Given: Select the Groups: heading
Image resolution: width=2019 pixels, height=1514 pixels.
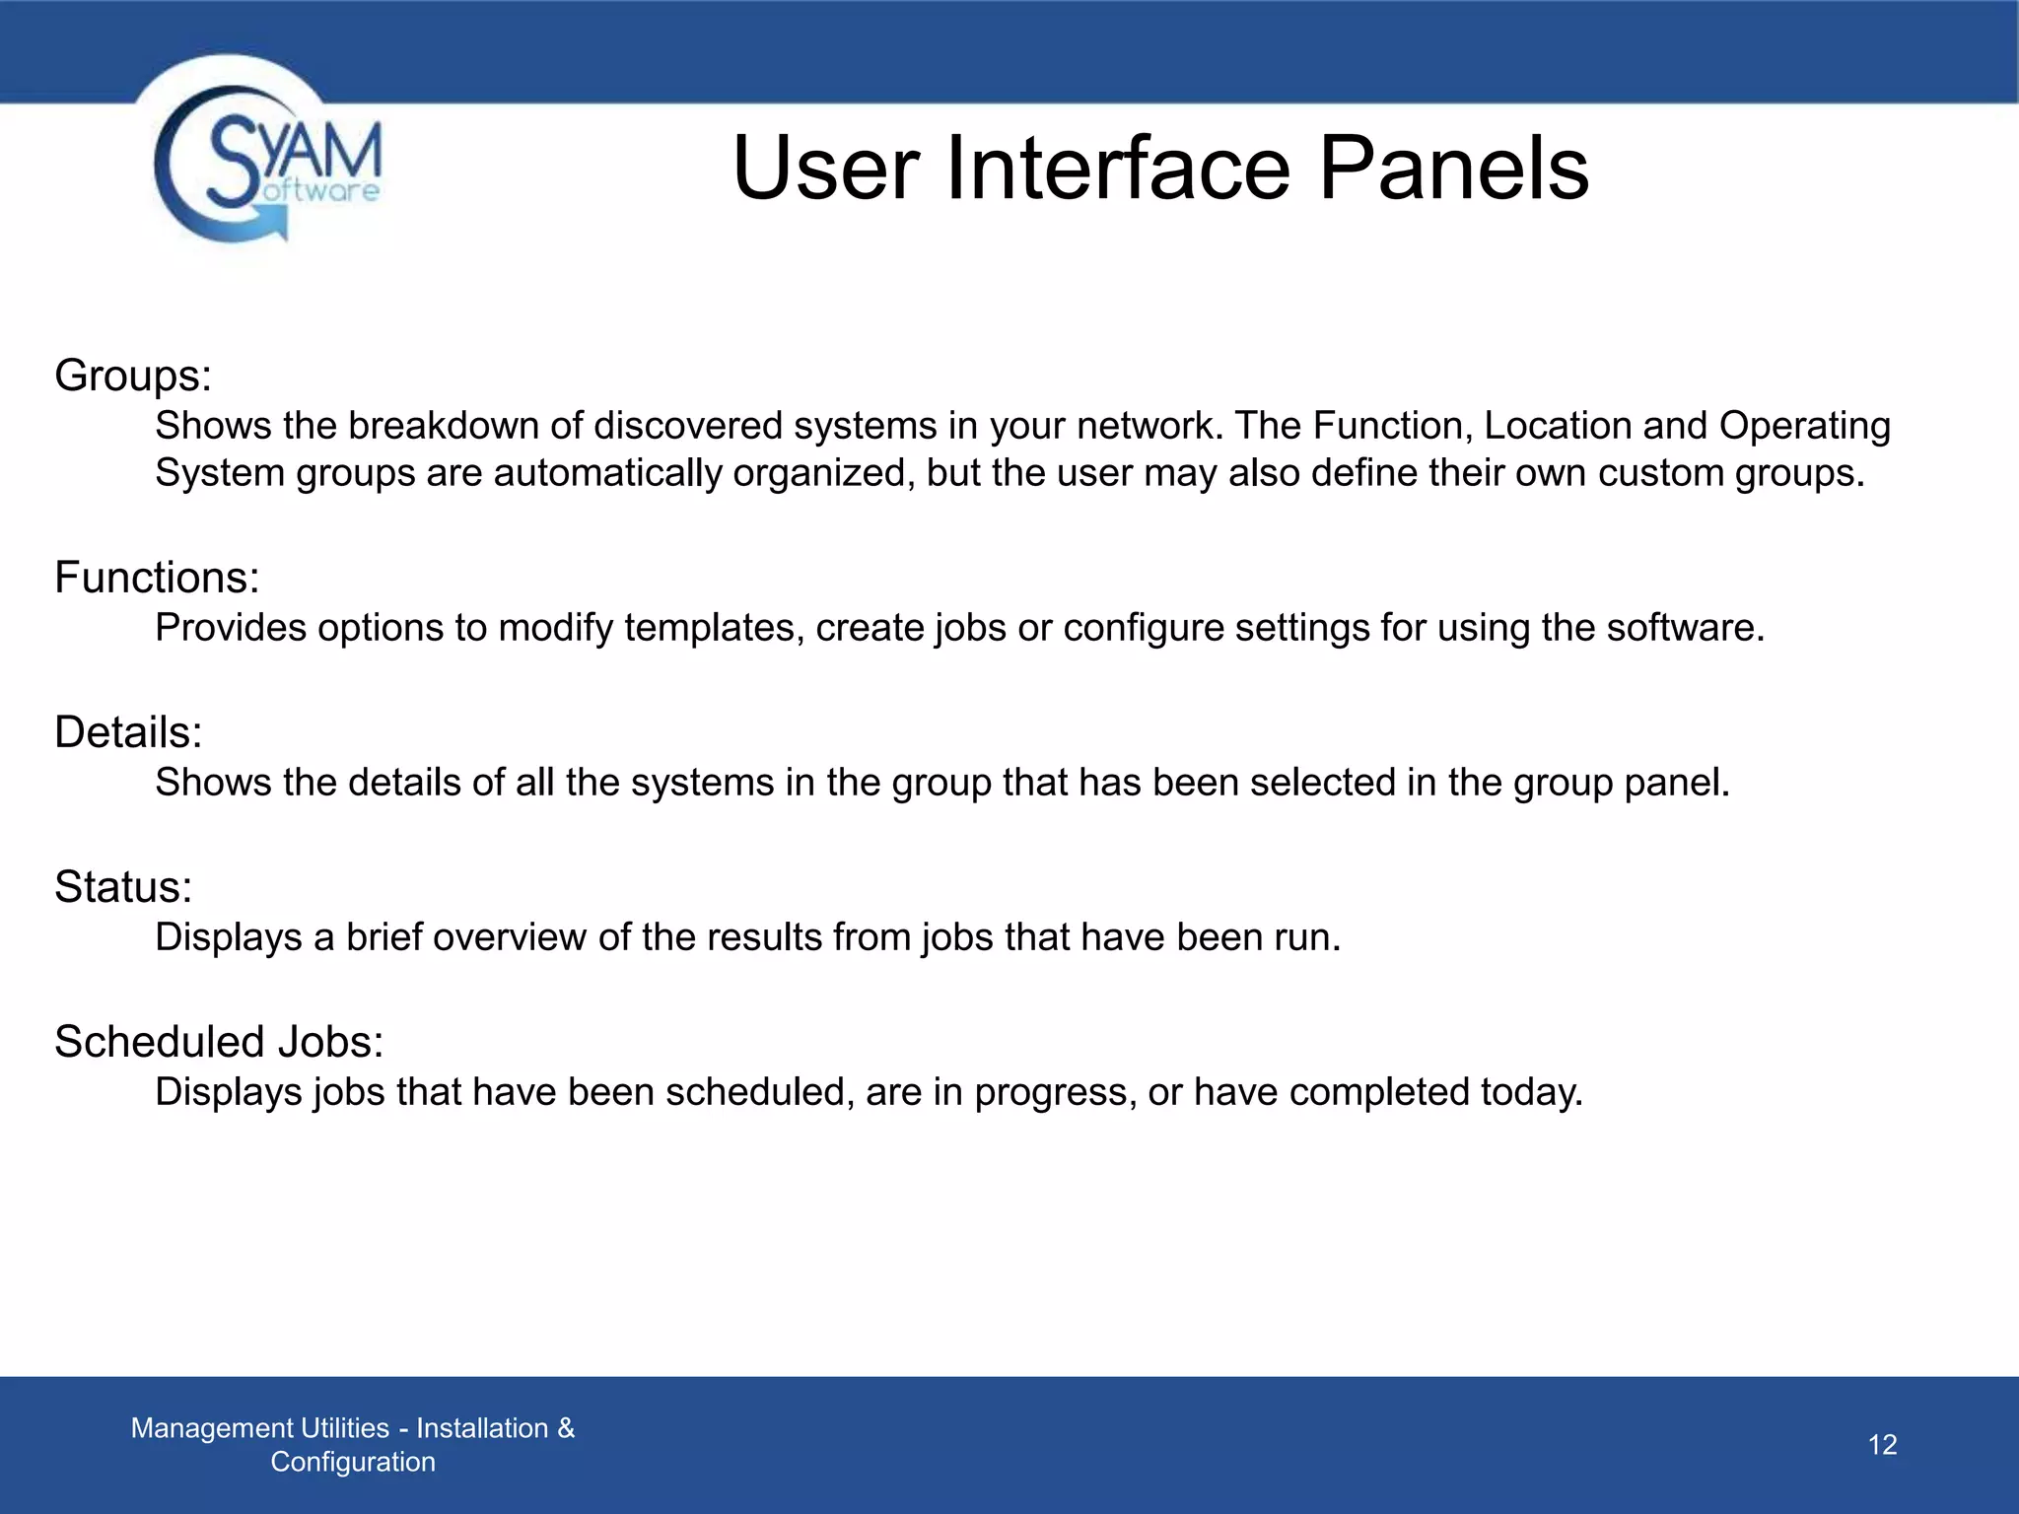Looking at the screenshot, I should [x=133, y=376].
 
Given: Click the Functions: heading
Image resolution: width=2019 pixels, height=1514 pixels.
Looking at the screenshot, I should [x=157, y=578].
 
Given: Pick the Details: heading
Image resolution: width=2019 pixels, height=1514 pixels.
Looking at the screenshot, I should [x=128, y=732].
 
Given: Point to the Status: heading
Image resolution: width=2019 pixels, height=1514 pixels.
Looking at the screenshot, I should [x=123, y=887].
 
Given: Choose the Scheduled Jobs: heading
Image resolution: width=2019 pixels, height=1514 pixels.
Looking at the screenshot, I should [x=219, y=1042].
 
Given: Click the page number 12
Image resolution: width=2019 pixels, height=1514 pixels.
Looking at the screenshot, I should [x=1882, y=1445].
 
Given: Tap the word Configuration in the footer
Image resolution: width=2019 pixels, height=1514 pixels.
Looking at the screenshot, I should [x=353, y=1462].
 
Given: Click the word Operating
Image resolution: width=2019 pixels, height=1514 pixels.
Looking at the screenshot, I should [x=1804, y=426].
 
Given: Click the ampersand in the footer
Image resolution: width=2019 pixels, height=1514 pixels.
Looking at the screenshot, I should [x=566, y=1428].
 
